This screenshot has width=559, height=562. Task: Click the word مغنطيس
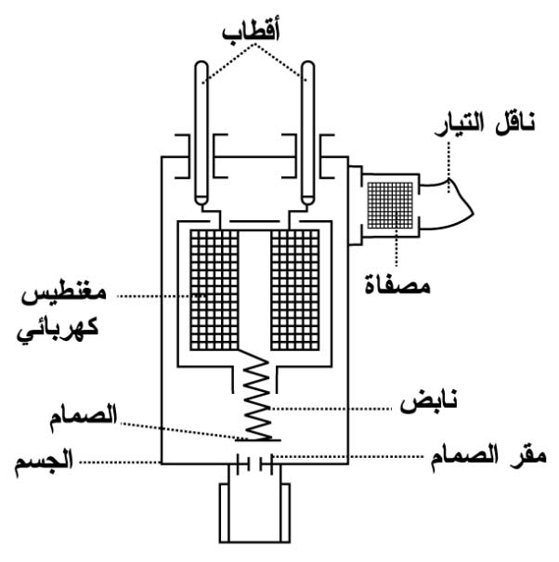(x=65, y=296)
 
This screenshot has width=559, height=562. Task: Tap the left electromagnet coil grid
(x=214, y=287)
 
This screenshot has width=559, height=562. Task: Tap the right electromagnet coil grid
(x=294, y=287)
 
